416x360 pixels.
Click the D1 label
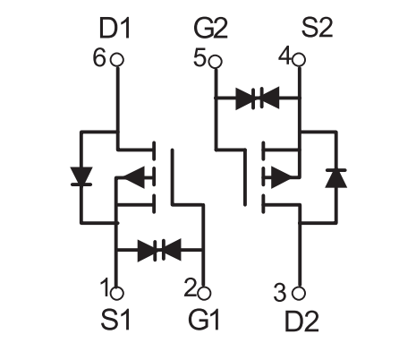(115, 29)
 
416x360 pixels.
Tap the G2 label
(211, 29)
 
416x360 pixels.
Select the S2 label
(317, 28)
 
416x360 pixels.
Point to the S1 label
(115, 320)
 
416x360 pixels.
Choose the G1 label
(204, 320)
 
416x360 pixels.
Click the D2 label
(301, 321)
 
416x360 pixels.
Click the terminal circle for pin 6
(117, 60)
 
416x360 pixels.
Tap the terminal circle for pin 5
(216, 62)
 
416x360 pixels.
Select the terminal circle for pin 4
(299, 60)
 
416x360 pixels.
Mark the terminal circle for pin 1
(117, 293)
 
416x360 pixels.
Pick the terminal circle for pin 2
(204, 293)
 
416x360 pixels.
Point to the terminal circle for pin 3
(299, 293)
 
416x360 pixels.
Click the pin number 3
(280, 293)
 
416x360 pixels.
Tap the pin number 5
(200, 57)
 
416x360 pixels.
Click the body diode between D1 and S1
(81, 176)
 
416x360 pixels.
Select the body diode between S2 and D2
(336, 178)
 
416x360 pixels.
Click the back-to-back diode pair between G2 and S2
(258, 98)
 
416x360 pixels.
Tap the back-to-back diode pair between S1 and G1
(159, 250)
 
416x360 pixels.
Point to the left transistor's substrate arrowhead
(134, 177)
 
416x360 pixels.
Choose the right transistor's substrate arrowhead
(281, 177)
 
